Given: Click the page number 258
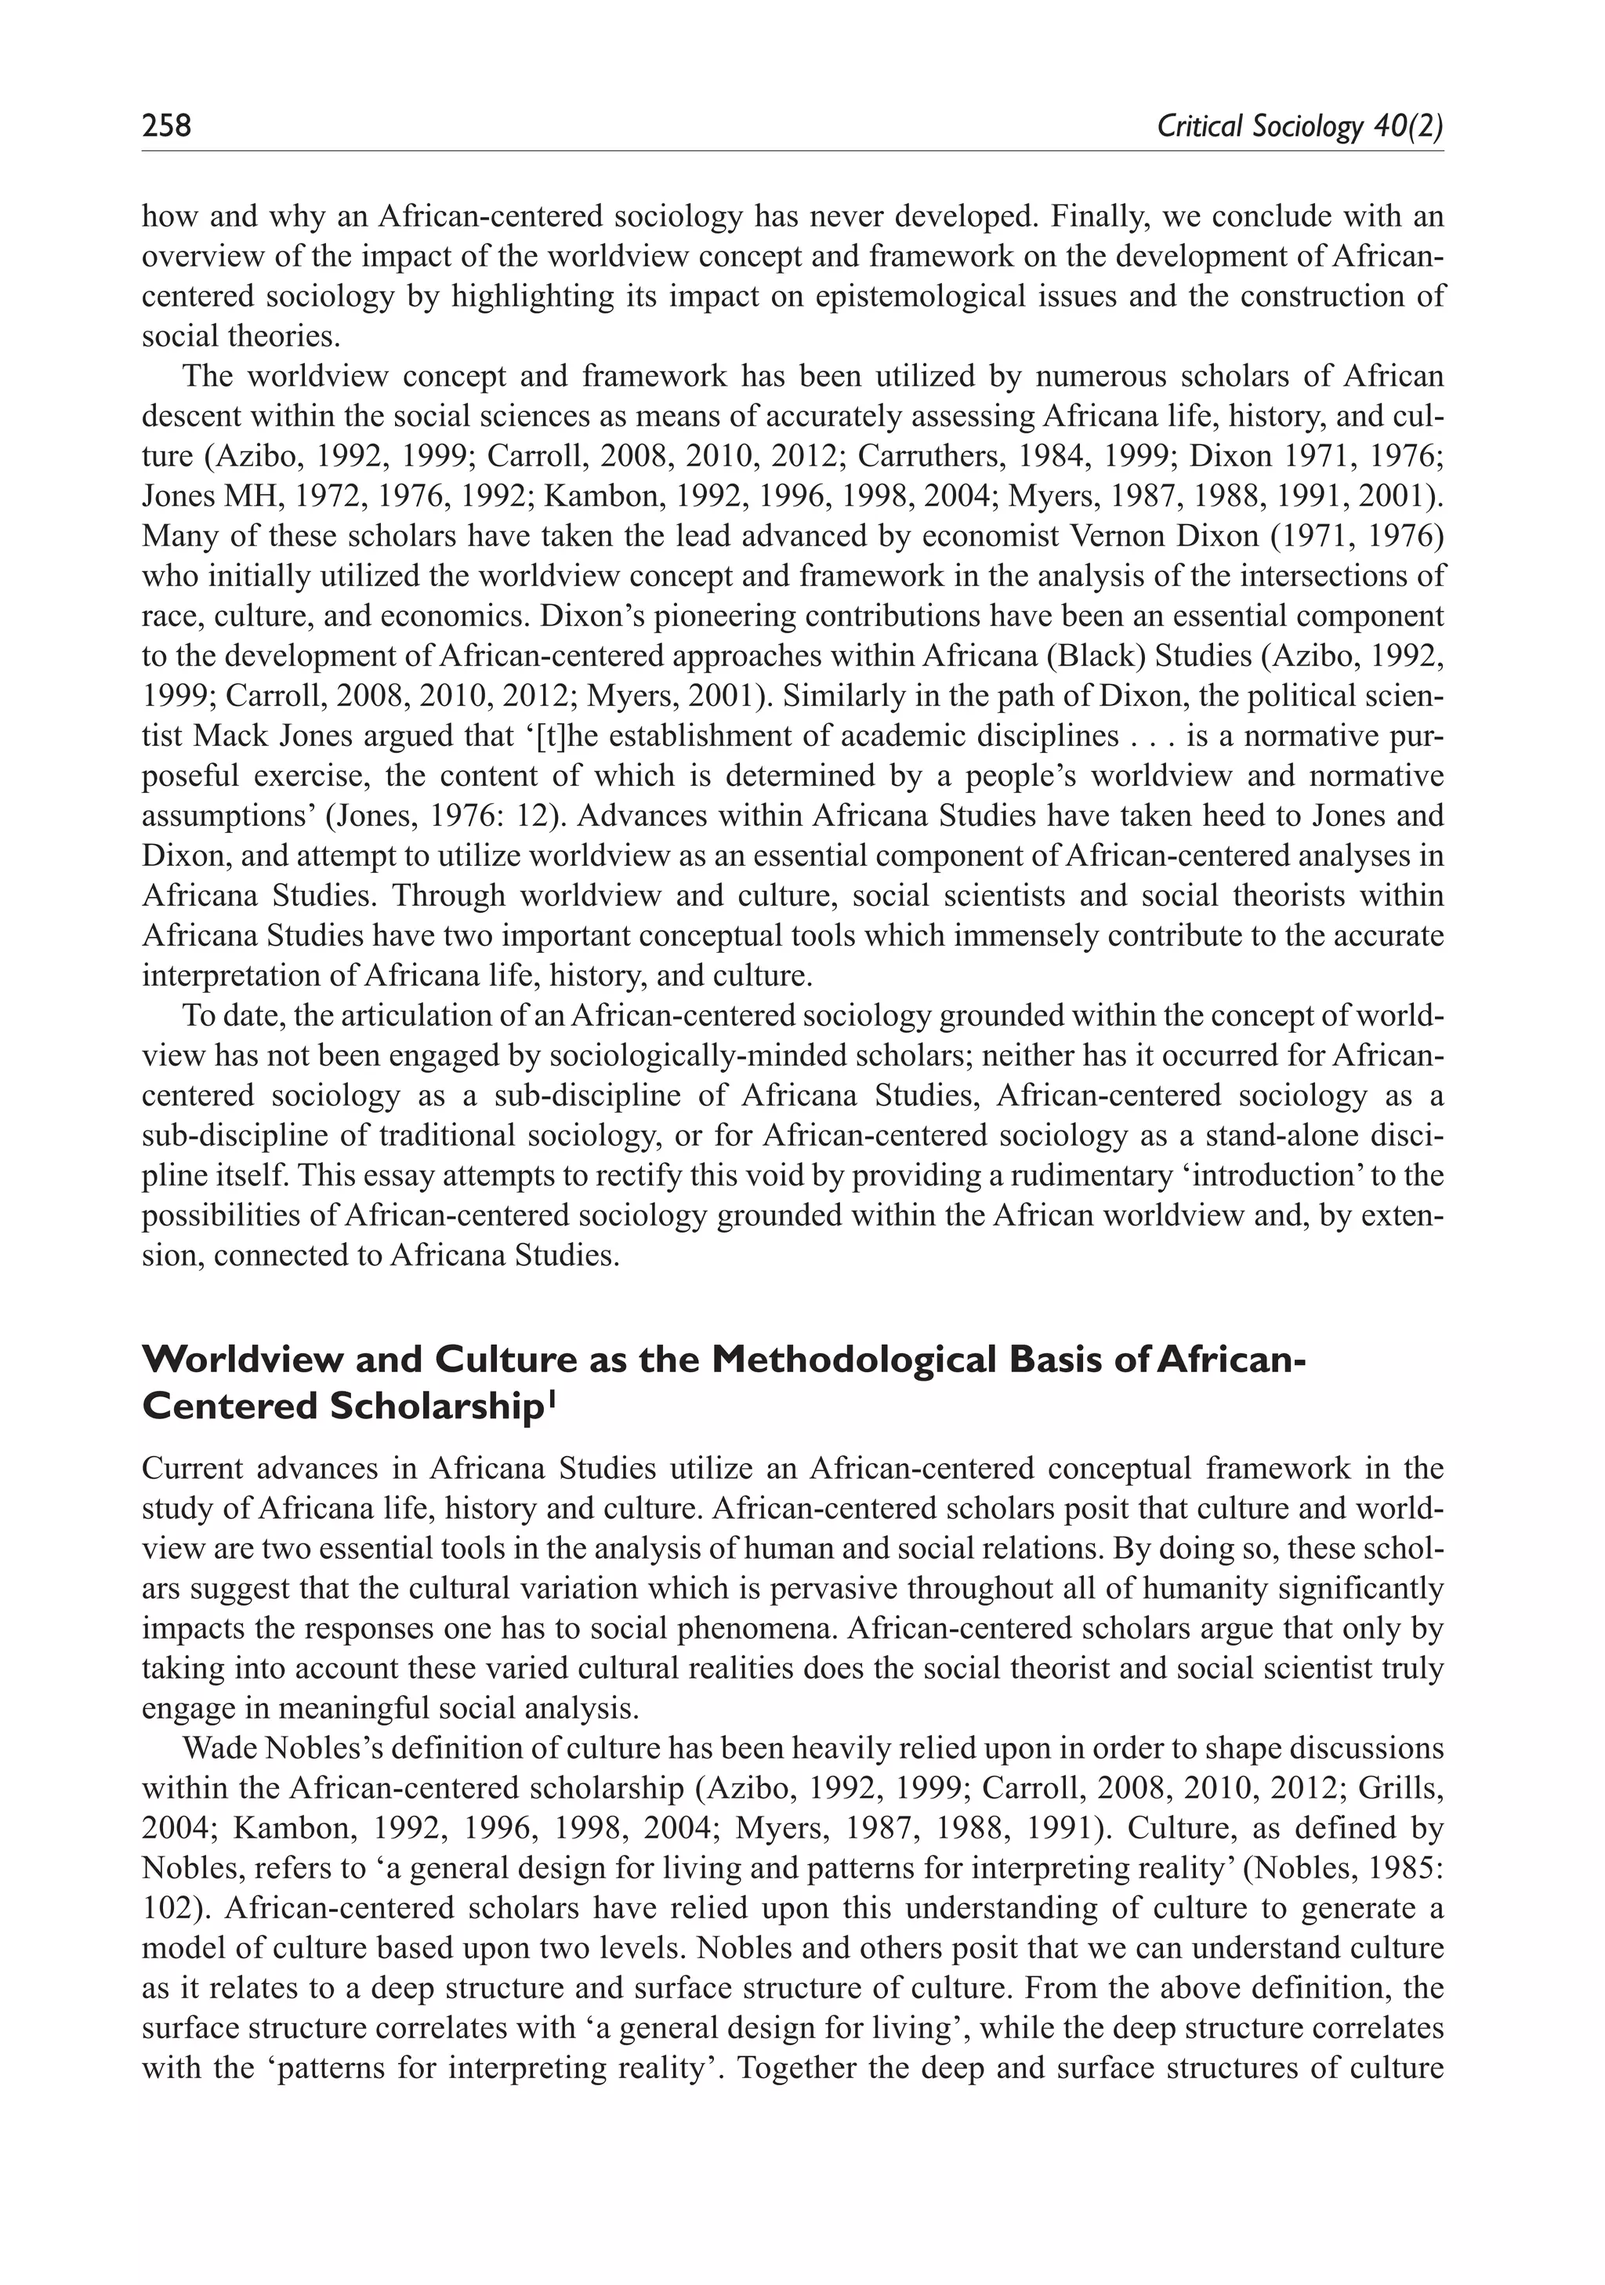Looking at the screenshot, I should [166, 126].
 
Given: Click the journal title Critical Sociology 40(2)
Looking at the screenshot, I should [1299, 126].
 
